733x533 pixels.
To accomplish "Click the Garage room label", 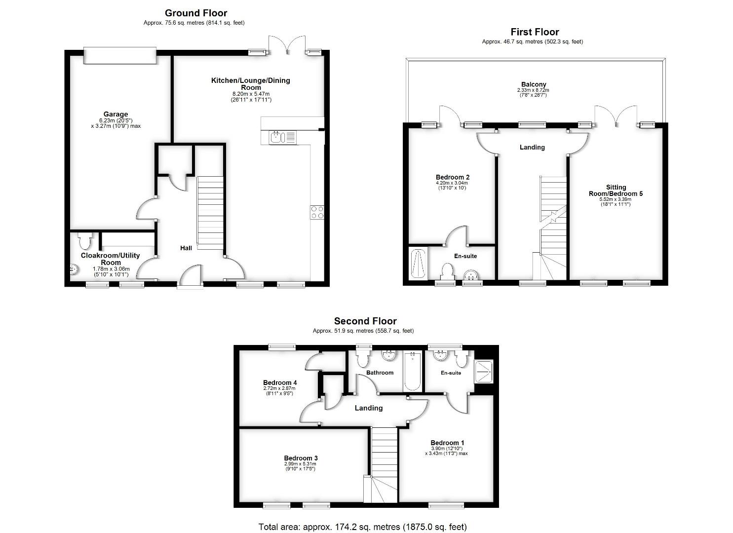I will pyautogui.click(x=116, y=114).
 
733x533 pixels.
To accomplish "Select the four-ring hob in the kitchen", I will pyautogui.click(x=317, y=212).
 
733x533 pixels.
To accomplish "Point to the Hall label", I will pyautogui.click(x=186, y=248).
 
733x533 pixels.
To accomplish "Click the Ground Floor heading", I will pyautogui.click(x=196, y=13).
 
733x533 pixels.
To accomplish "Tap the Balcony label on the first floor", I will pyautogui.click(x=533, y=84).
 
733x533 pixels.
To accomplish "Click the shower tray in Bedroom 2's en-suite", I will pyautogui.click(x=418, y=264).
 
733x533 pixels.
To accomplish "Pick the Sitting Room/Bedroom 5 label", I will pyautogui.click(x=616, y=190).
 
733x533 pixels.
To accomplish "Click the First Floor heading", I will pyautogui.click(x=535, y=32).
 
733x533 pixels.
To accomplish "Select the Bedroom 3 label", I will pyautogui.click(x=301, y=458).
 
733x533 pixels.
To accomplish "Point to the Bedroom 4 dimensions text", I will pyautogui.click(x=279, y=391).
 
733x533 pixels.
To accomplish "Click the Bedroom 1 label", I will pyautogui.click(x=447, y=443).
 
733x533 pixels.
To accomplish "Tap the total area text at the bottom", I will pyautogui.click(x=362, y=527).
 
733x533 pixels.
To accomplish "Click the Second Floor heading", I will pyautogui.click(x=365, y=321).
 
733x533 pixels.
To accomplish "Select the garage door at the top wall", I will pyautogui.click(x=120, y=55).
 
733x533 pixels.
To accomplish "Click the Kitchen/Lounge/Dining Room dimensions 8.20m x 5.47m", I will pyautogui.click(x=251, y=94).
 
